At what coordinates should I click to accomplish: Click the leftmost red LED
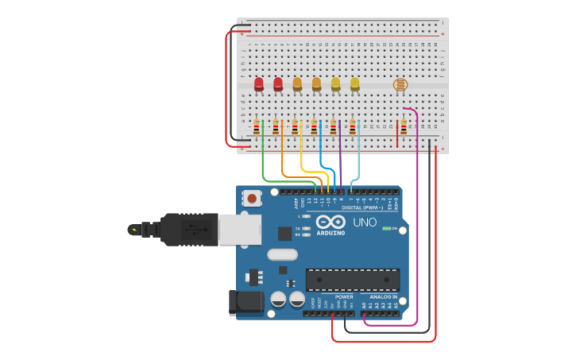(x=259, y=83)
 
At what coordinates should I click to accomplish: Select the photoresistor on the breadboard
(x=400, y=84)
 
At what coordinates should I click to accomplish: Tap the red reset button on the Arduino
(x=252, y=198)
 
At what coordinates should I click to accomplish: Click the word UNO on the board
(x=365, y=223)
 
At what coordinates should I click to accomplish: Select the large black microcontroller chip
(x=353, y=280)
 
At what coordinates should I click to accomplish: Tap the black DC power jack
(x=245, y=302)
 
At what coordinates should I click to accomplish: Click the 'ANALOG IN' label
(x=384, y=296)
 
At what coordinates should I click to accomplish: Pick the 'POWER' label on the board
(x=344, y=296)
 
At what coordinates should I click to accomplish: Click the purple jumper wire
(x=340, y=163)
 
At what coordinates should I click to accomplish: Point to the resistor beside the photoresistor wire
(x=404, y=127)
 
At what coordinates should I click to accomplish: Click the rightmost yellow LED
(x=354, y=83)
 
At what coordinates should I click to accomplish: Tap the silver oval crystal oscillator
(x=282, y=254)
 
